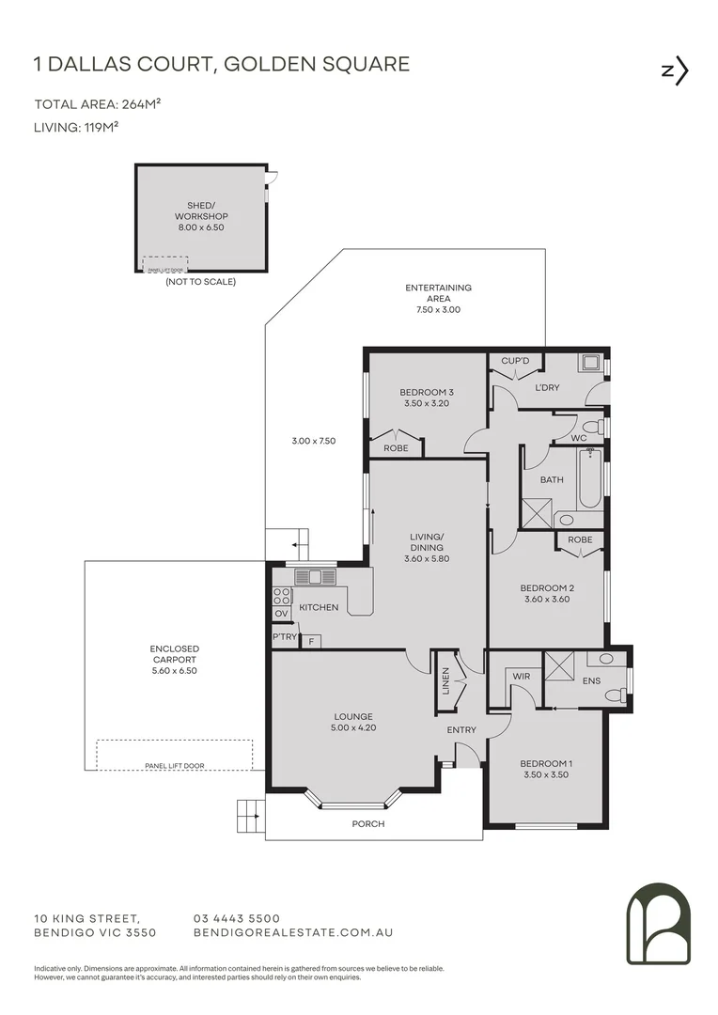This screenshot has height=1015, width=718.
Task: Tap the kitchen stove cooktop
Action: pyautogui.click(x=281, y=595)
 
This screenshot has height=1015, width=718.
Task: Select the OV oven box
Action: pyautogui.click(x=281, y=614)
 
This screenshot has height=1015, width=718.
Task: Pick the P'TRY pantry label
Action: pyautogui.click(x=284, y=637)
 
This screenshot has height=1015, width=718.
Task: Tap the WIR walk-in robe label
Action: pyautogui.click(x=522, y=675)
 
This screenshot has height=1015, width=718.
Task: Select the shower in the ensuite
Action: pyautogui.click(x=562, y=665)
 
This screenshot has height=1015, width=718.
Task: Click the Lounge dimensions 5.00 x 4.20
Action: pyautogui.click(x=352, y=728)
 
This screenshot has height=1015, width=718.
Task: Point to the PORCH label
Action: pyautogui.click(x=368, y=823)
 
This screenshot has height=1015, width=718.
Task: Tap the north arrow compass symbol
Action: pyautogui.click(x=676, y=71)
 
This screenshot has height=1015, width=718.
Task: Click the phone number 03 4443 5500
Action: pyautogui.click(x=237, y=918)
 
